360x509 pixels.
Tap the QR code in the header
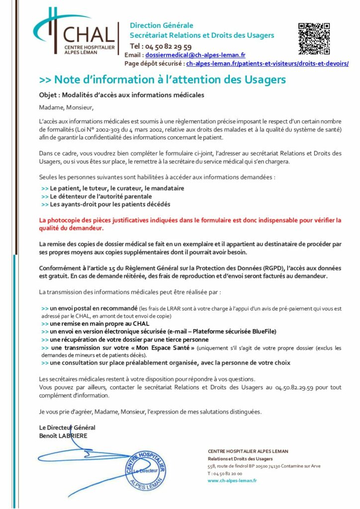point(314,38)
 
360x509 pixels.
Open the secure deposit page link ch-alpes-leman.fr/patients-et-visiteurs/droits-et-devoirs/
point(267,64)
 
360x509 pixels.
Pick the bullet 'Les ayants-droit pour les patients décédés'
point(109,204)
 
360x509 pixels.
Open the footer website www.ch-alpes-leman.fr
point(232,481)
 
